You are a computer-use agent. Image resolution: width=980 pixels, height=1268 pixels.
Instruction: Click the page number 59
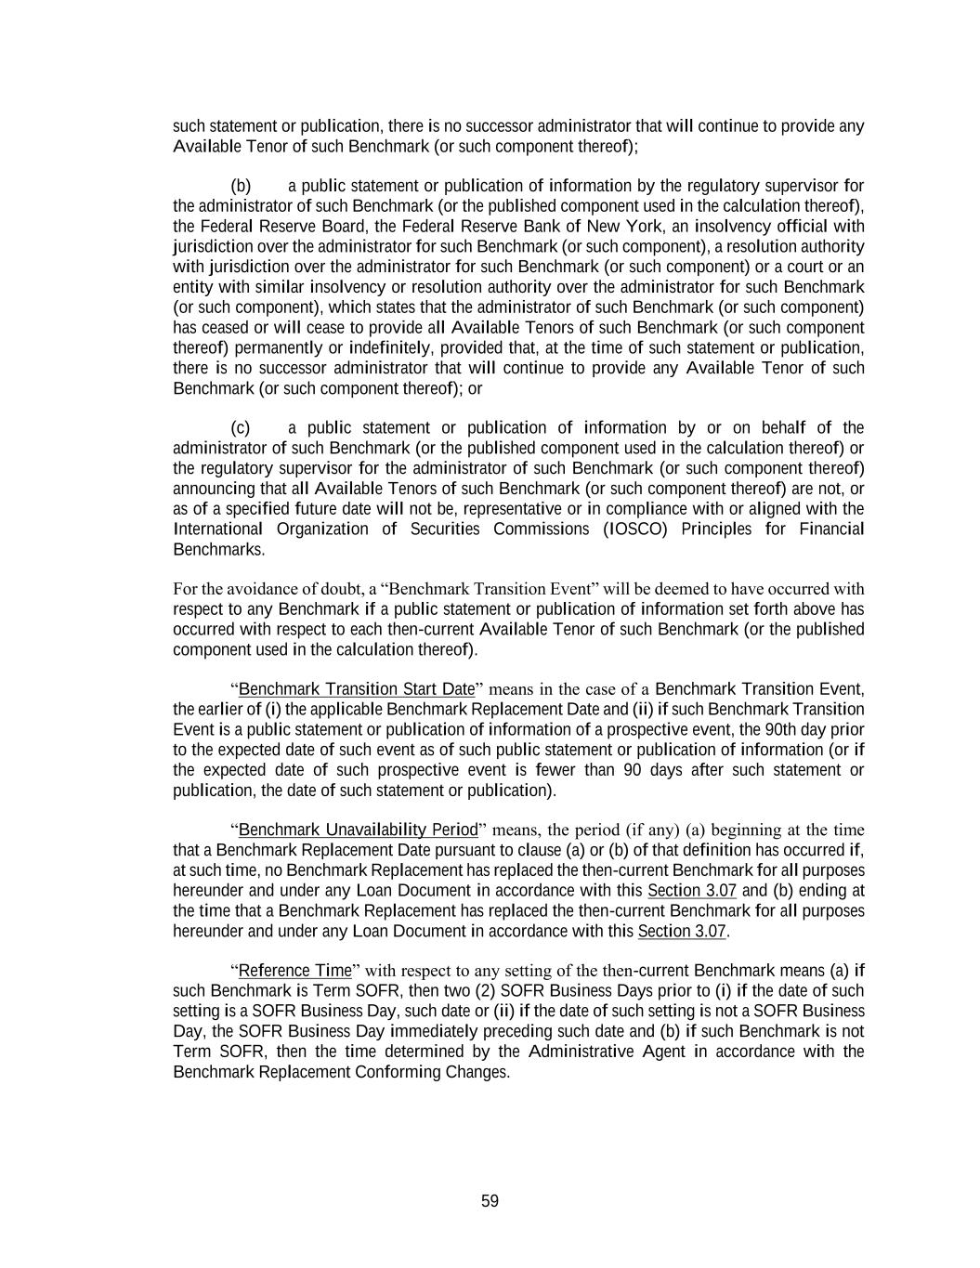click(x=490, y=1201)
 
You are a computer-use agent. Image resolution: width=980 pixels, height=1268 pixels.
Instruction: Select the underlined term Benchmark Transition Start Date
click(x=357, y=689)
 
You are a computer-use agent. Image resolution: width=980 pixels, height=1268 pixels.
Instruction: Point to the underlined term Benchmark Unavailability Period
click(x=358, y=830)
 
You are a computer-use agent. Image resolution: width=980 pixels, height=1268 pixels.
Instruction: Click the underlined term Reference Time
click(x=295, y=971)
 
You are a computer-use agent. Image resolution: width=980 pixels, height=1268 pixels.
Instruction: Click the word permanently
click(x=285, y=347)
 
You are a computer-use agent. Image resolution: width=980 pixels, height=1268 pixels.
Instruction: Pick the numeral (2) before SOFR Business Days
click(x=486, y=990)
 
